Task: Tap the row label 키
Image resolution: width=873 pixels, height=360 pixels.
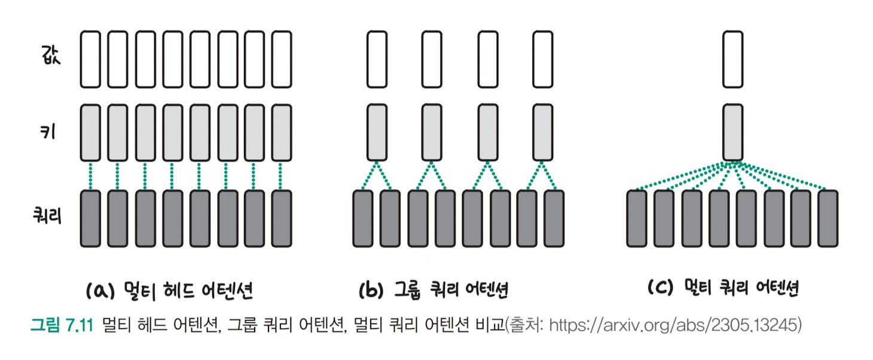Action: pos(47,132)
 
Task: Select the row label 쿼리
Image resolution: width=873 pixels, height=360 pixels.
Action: pos(47,216)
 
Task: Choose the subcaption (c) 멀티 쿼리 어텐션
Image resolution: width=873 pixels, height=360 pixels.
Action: pos(724,289)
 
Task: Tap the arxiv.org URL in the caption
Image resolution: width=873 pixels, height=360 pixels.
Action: pos(675,326)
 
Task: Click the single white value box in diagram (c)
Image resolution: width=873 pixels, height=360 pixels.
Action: pos(732,58)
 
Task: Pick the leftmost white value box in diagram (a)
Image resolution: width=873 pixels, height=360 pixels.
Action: pos(90,59)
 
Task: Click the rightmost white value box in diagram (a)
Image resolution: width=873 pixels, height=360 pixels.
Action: pos(282,59)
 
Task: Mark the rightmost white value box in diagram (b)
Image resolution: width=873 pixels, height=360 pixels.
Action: pos(542,59)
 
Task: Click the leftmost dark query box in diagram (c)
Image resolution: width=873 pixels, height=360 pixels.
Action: pos(637,218)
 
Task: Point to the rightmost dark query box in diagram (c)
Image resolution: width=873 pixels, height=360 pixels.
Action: pos(828,218)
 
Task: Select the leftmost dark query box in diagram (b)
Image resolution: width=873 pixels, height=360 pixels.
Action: pos(363,218)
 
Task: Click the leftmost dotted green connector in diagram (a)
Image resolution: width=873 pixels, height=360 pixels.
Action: pos(90,176)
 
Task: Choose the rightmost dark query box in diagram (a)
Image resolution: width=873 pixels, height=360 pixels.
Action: pos(282,218)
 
